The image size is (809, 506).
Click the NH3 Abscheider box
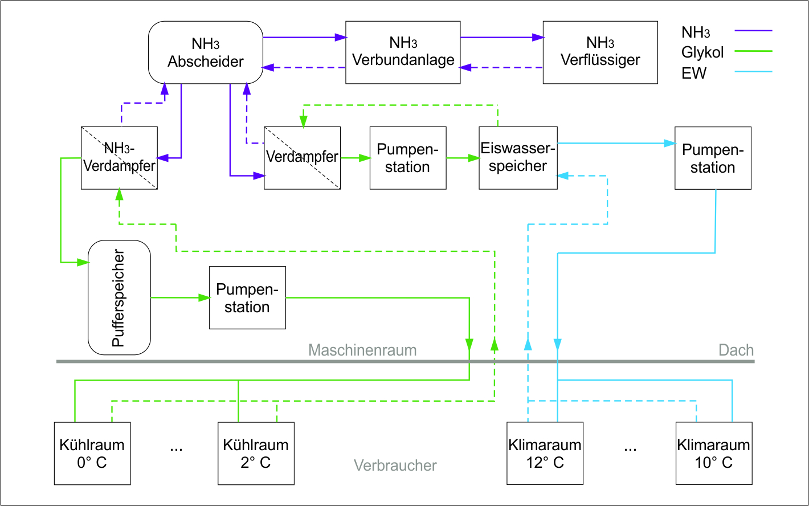coord(206,52)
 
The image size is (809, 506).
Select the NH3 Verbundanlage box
coord(403,52)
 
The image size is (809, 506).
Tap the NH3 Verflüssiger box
coord(600,52)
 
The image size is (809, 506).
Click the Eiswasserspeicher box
coord(518,158)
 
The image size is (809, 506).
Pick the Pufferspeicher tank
coord(119,297)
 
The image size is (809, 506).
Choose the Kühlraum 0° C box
coord(92,453)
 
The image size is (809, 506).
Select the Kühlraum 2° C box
coord(256,453)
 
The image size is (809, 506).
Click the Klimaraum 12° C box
coord(545,453)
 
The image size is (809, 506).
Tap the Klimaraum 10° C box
coord(714,453)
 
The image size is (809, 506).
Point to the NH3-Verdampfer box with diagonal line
coord(119,158)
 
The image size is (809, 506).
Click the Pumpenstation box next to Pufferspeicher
coord(247,297)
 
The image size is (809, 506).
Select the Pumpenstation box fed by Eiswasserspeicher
coord(713,158)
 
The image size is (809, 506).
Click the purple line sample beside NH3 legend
coord(753,30)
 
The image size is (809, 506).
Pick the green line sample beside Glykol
coord(753,51)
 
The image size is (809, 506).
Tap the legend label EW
coord(694,73)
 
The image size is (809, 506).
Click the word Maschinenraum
coord(362,349)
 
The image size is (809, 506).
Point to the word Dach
coord(736,349)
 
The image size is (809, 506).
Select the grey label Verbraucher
coord(395,466)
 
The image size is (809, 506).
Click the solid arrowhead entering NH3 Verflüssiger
coord(537,38)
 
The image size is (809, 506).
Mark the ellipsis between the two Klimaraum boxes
coord(630,448)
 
